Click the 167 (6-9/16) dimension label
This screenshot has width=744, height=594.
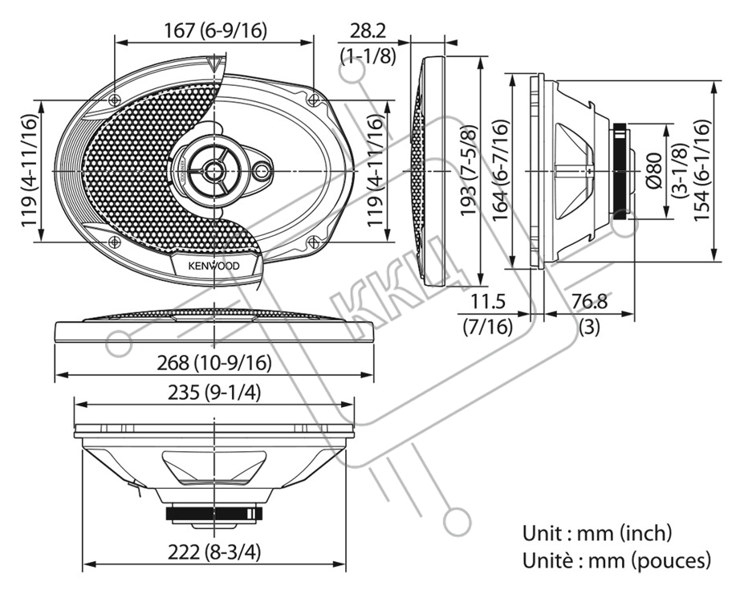[215, 31]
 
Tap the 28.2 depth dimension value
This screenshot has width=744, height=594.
[368, 31]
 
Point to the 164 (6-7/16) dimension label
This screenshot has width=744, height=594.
[501, 170]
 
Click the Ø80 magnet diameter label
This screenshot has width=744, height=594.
[655, 170]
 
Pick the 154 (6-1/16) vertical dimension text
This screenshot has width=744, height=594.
[702, 170]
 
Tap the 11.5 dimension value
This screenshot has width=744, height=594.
[488, 302]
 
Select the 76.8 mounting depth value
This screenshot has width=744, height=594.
[589, 302]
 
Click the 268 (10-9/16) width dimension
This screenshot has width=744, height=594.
[214, 364]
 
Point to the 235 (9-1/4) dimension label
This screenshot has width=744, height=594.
[214, 393]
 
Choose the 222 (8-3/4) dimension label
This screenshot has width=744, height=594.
[214, 552]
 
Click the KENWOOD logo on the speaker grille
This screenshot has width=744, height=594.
[214, 266]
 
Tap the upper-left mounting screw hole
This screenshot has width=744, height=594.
[114, 100]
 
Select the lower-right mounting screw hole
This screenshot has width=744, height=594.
[313, 242]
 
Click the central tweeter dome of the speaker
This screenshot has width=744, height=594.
[214, 170]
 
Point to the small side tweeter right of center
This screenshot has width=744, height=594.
[262, 171]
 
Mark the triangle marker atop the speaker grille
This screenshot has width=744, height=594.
[214, 63]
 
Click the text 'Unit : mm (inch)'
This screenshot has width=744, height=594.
[597, 533]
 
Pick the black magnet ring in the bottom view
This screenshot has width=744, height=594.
[214, 514]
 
